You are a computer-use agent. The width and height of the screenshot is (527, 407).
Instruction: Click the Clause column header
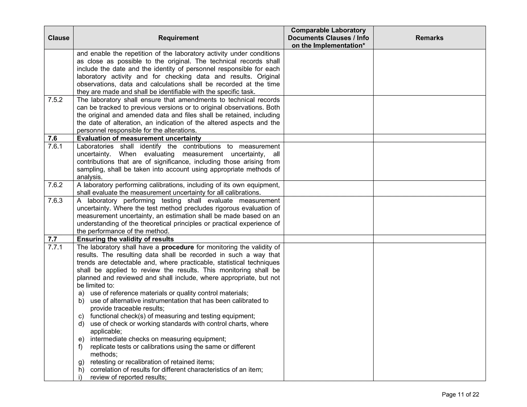coord(58,38)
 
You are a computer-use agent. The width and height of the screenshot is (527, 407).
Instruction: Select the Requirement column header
coord(178,38)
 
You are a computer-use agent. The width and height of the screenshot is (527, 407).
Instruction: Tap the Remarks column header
coord(429,38)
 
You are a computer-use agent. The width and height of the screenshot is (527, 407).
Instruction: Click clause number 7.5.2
coord(55,100)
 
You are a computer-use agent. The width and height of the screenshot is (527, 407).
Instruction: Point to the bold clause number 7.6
coord(52,138)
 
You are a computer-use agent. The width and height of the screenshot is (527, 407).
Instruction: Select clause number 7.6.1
coord(55,146)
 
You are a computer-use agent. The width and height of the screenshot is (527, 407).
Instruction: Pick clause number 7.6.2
coord(55,185)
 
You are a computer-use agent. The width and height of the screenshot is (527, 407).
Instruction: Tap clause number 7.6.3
coord(55,201)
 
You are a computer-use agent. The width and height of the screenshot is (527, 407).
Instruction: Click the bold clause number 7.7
coord(52,239)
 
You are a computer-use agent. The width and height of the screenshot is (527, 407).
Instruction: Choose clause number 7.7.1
coord(55,247)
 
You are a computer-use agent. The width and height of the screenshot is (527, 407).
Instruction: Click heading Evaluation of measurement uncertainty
coord(139,138)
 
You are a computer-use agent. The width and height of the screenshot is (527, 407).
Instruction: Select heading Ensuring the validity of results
coord(125,239)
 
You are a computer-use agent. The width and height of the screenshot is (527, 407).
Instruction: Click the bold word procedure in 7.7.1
coord(178,247)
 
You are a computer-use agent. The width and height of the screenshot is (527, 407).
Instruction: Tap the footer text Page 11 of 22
coord(460,395)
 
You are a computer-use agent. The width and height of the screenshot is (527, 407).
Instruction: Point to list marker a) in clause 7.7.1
coord(81,293)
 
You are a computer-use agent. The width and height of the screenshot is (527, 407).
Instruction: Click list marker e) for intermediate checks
coord(81,339)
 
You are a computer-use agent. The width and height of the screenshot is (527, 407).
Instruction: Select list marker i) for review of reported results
coord(80,377)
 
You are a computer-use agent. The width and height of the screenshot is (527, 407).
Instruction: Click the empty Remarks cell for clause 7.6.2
coord(429,189)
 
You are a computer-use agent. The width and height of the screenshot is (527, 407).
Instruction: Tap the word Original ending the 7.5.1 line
coord(268,77)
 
